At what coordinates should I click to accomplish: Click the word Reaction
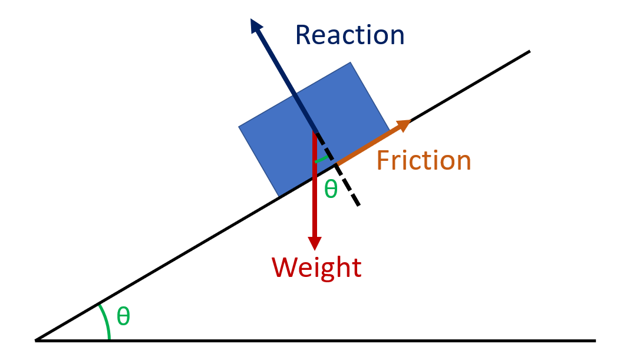tap(349, 35)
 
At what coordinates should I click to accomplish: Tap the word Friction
tap(424, 160)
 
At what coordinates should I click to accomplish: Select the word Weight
tap(316, 268)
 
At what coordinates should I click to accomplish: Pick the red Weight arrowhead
tap(315, 242)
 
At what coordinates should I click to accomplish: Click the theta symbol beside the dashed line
tap(331, 189)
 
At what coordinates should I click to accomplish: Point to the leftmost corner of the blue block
tap(239, 127)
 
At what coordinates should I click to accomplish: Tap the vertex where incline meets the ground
tap(37, 340)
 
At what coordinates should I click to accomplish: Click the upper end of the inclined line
tap(529, 52)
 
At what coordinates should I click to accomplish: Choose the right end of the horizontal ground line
tap(595, 340)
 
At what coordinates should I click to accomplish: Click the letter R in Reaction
tap(304, 35)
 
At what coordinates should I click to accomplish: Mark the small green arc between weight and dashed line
tap(321, 159)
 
